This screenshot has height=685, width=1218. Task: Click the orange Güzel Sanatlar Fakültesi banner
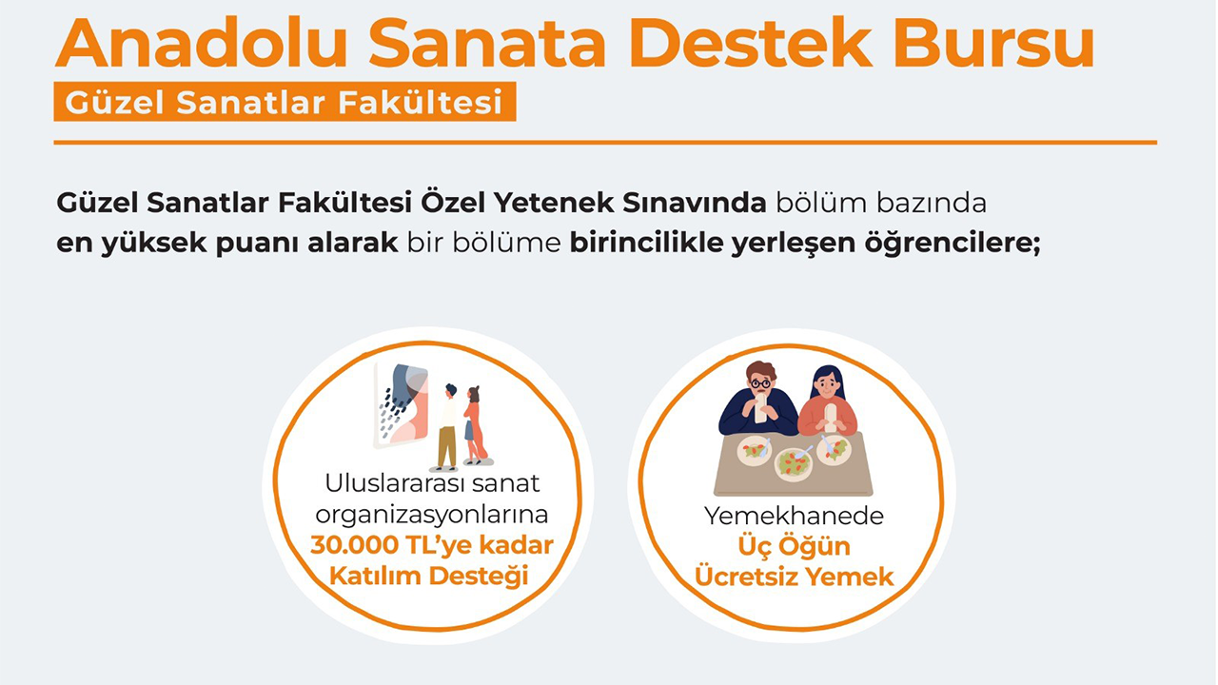tap(285, 102)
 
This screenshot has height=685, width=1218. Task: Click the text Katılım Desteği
tap(428, 577)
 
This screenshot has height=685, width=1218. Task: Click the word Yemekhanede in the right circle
tap(794, 517)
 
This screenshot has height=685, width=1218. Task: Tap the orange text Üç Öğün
tap(795, 546)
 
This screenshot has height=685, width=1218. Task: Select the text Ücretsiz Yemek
tap(795, 577)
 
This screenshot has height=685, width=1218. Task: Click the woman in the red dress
tap(474, 425)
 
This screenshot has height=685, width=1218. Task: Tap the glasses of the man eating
tap(759, 383)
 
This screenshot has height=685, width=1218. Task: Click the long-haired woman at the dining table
tap(828, 401)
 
